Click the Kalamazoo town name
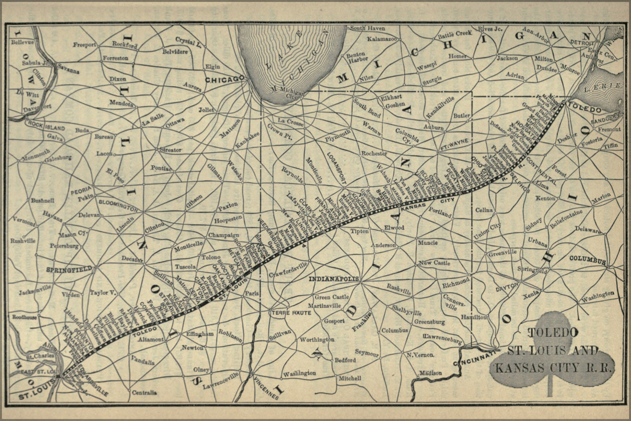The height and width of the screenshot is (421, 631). (382, 39)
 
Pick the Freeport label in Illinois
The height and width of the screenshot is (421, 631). (85, 45)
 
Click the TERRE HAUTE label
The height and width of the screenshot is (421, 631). (287, 313)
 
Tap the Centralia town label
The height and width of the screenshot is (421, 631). (144, 393)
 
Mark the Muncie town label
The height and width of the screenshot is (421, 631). (428, 243)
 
